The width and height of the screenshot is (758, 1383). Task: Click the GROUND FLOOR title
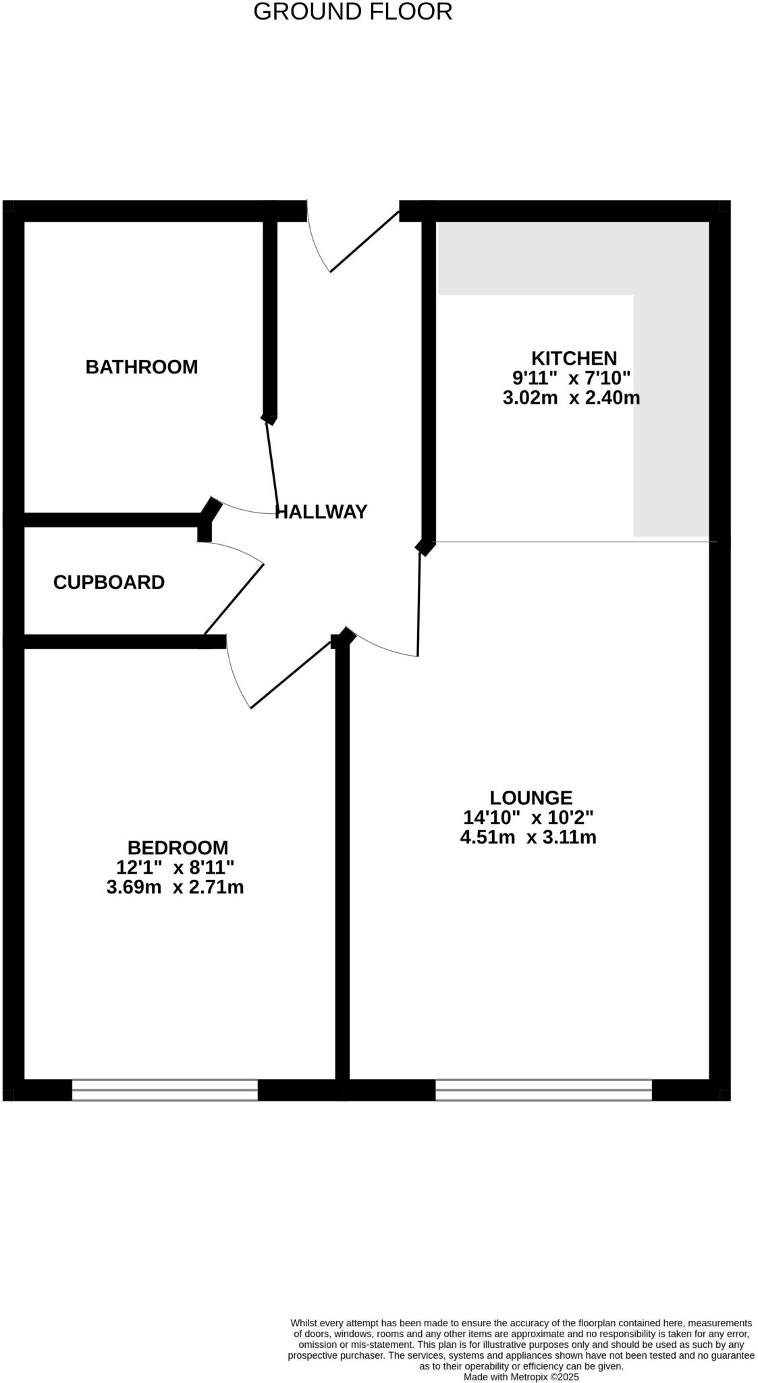click(x=352, y=11)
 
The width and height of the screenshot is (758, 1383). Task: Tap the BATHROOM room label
click(x=141, y=367)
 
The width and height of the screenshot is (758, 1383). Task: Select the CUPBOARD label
click(x=109, y=582)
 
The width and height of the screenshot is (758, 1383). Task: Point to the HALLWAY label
click(x=321, y=512)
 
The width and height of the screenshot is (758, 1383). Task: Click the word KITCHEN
click(x=574, y=358)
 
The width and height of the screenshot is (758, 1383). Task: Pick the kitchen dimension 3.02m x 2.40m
click(x=571, y=398)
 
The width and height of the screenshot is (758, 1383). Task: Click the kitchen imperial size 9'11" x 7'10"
click(x=571, y=377)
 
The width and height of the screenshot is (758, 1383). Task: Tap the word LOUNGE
click(x=531, y=798)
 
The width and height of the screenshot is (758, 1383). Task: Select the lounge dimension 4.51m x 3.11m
click(x=528, y=837)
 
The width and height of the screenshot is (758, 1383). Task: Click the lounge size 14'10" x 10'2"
click(x=528, y=818)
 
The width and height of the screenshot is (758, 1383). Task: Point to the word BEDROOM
click(x=178, y=847)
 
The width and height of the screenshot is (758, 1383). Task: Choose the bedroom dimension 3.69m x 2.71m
click(x=175, y=887)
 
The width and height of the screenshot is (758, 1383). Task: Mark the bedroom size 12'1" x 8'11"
click(x=175, y=867)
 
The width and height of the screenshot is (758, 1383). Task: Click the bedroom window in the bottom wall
click(x=165, y=1089)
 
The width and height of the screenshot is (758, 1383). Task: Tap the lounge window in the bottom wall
click(x=543, y=1089)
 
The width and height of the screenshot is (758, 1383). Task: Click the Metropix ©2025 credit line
click(x=520, y=1376)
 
